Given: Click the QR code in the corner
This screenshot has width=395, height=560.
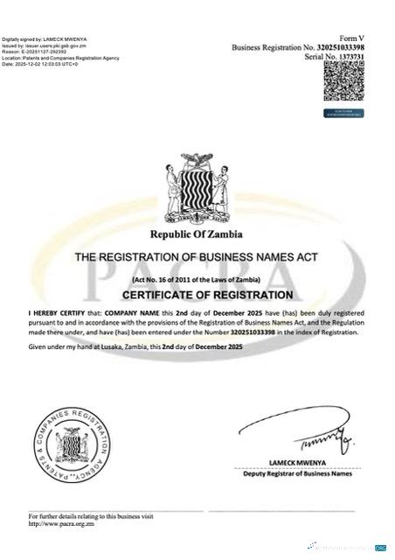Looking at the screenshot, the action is tap(343, 86).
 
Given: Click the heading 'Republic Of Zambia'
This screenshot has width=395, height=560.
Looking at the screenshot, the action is tap(197, 234).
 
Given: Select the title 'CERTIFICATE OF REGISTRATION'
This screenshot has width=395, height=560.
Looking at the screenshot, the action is tap(197, 295).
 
